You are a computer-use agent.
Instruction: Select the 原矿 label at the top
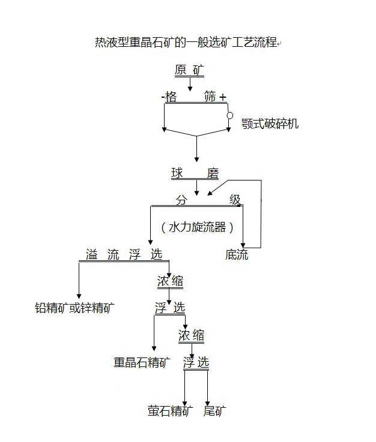click(190, 71)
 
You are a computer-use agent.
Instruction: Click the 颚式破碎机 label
click(270, 124)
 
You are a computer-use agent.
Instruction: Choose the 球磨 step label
click(195, 174)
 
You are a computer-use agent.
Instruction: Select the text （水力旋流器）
click(197, 227)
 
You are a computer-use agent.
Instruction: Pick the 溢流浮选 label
click(124, 254)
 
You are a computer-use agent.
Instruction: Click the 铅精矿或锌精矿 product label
click(75, 308)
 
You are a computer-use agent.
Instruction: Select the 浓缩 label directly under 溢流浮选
click(170, 282)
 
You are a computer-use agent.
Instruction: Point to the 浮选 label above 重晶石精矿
click(170, 309)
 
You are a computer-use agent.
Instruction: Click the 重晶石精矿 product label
click(142, 362)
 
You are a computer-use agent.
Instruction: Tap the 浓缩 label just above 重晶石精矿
click(192, 335)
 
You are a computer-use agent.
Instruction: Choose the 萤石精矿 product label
click(171, 411)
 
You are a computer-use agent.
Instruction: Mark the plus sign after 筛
click(223, 97)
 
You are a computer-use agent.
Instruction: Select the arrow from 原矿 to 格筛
click(190, 85)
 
